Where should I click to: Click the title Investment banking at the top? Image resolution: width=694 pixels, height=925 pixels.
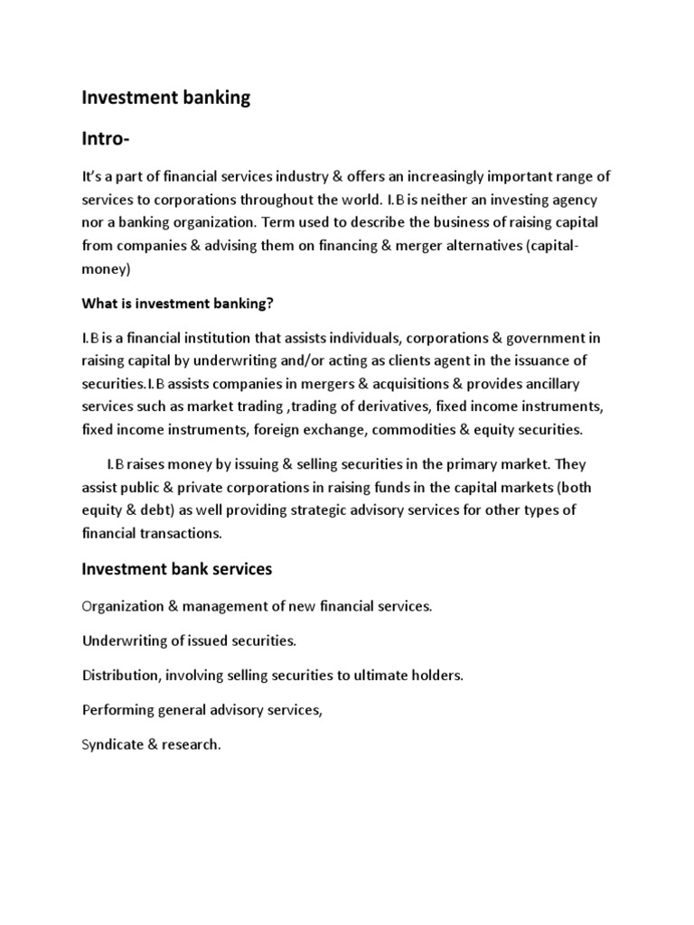click(x=165, y=98)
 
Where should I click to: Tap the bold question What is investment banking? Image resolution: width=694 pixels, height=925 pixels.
click(x=177, y=304)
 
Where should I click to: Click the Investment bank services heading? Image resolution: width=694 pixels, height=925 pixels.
click(x=177, y=569)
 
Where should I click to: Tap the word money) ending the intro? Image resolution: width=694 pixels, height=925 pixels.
click(x=107, y=269)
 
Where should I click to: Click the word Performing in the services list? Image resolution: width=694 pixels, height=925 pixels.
click(x=116, y=710)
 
